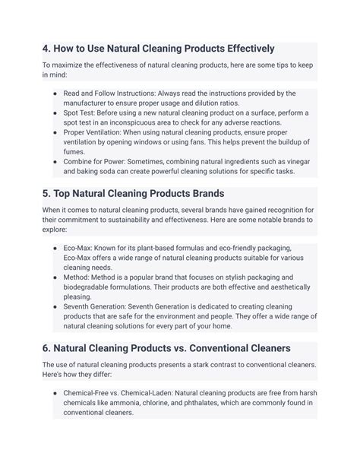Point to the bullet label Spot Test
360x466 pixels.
coord(81,113)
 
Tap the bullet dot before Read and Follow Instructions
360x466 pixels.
coord(55,94)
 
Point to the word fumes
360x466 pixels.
coord(74,151)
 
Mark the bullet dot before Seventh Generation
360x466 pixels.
coord(55,306)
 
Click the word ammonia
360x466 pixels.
coord(139,403)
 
